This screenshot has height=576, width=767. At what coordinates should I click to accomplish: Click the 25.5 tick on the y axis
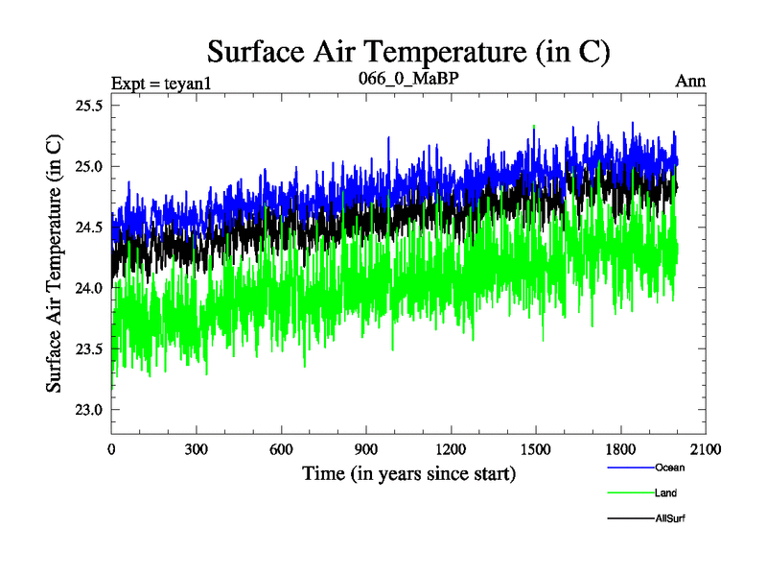click(x=88, y=106)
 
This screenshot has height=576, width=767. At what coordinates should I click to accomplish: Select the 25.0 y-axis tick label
click(x=88, y=166)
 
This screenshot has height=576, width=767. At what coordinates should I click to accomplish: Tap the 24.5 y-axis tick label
click(x=88, y=228)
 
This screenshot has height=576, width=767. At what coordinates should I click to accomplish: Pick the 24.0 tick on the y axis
click(x=88, y=288)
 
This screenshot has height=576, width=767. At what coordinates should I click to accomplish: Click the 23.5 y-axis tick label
click(x=88, y=349)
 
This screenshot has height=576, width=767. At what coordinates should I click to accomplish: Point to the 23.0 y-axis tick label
click(x=88, y=410)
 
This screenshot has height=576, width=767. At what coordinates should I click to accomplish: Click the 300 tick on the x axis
click(x=197, y=449)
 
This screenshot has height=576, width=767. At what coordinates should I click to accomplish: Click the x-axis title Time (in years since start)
click(x=409, y=473)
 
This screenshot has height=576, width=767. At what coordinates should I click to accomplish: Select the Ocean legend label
click(x=670, y=468)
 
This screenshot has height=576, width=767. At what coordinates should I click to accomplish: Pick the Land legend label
click(x=666, y=493)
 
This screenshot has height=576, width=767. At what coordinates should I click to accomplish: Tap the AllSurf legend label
click(x=670, y=518)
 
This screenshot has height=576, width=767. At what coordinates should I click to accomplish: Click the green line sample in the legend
click(x=630, y=493)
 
